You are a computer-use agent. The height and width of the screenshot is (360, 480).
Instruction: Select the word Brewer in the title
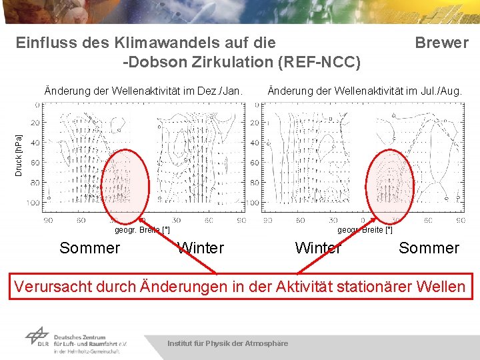point(441,43)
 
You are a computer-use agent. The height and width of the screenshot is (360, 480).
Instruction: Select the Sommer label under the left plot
point(89,249)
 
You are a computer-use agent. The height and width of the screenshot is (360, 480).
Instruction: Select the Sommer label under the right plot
point(429,249)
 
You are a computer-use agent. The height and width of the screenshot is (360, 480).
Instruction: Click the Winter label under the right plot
point(318,249)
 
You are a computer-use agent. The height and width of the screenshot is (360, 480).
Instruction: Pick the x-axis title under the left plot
point(142,230)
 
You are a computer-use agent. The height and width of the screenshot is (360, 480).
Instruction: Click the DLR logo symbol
point(37,337)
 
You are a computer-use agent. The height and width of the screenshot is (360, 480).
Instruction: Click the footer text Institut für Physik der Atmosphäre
point(227,343)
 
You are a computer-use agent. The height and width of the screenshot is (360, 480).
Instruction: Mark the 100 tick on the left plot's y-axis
point(33,203)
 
